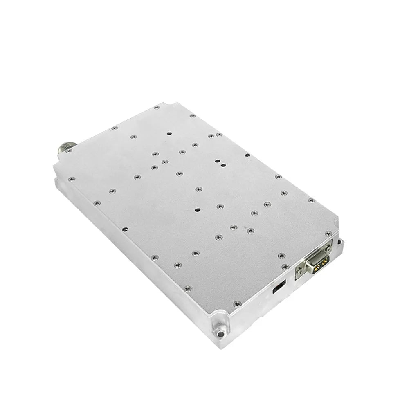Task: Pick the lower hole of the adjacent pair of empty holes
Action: click(223, 164)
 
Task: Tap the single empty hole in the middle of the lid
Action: click(198, 209)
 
